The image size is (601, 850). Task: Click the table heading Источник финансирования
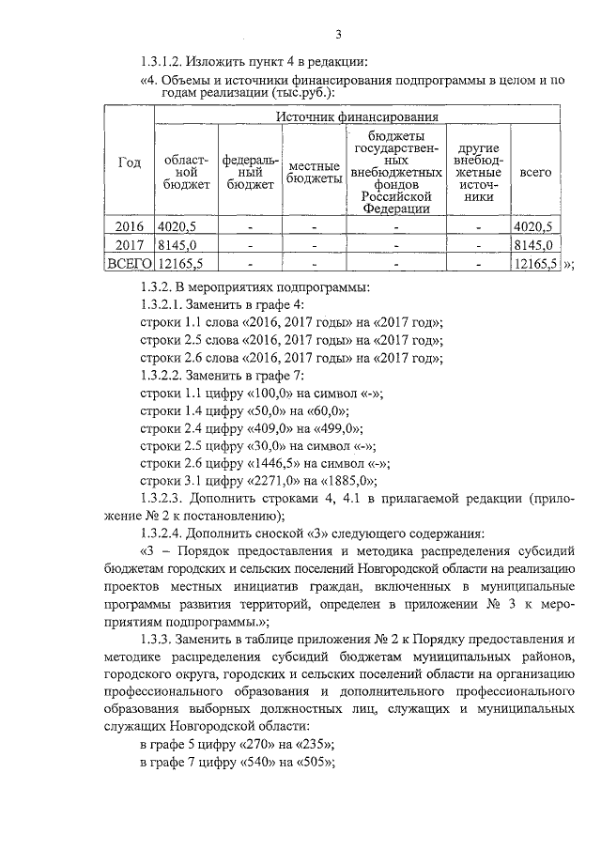358,116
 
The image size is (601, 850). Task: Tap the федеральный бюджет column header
248,173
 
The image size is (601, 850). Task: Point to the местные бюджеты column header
314,173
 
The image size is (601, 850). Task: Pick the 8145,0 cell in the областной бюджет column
177,244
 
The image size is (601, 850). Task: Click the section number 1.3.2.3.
168,500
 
